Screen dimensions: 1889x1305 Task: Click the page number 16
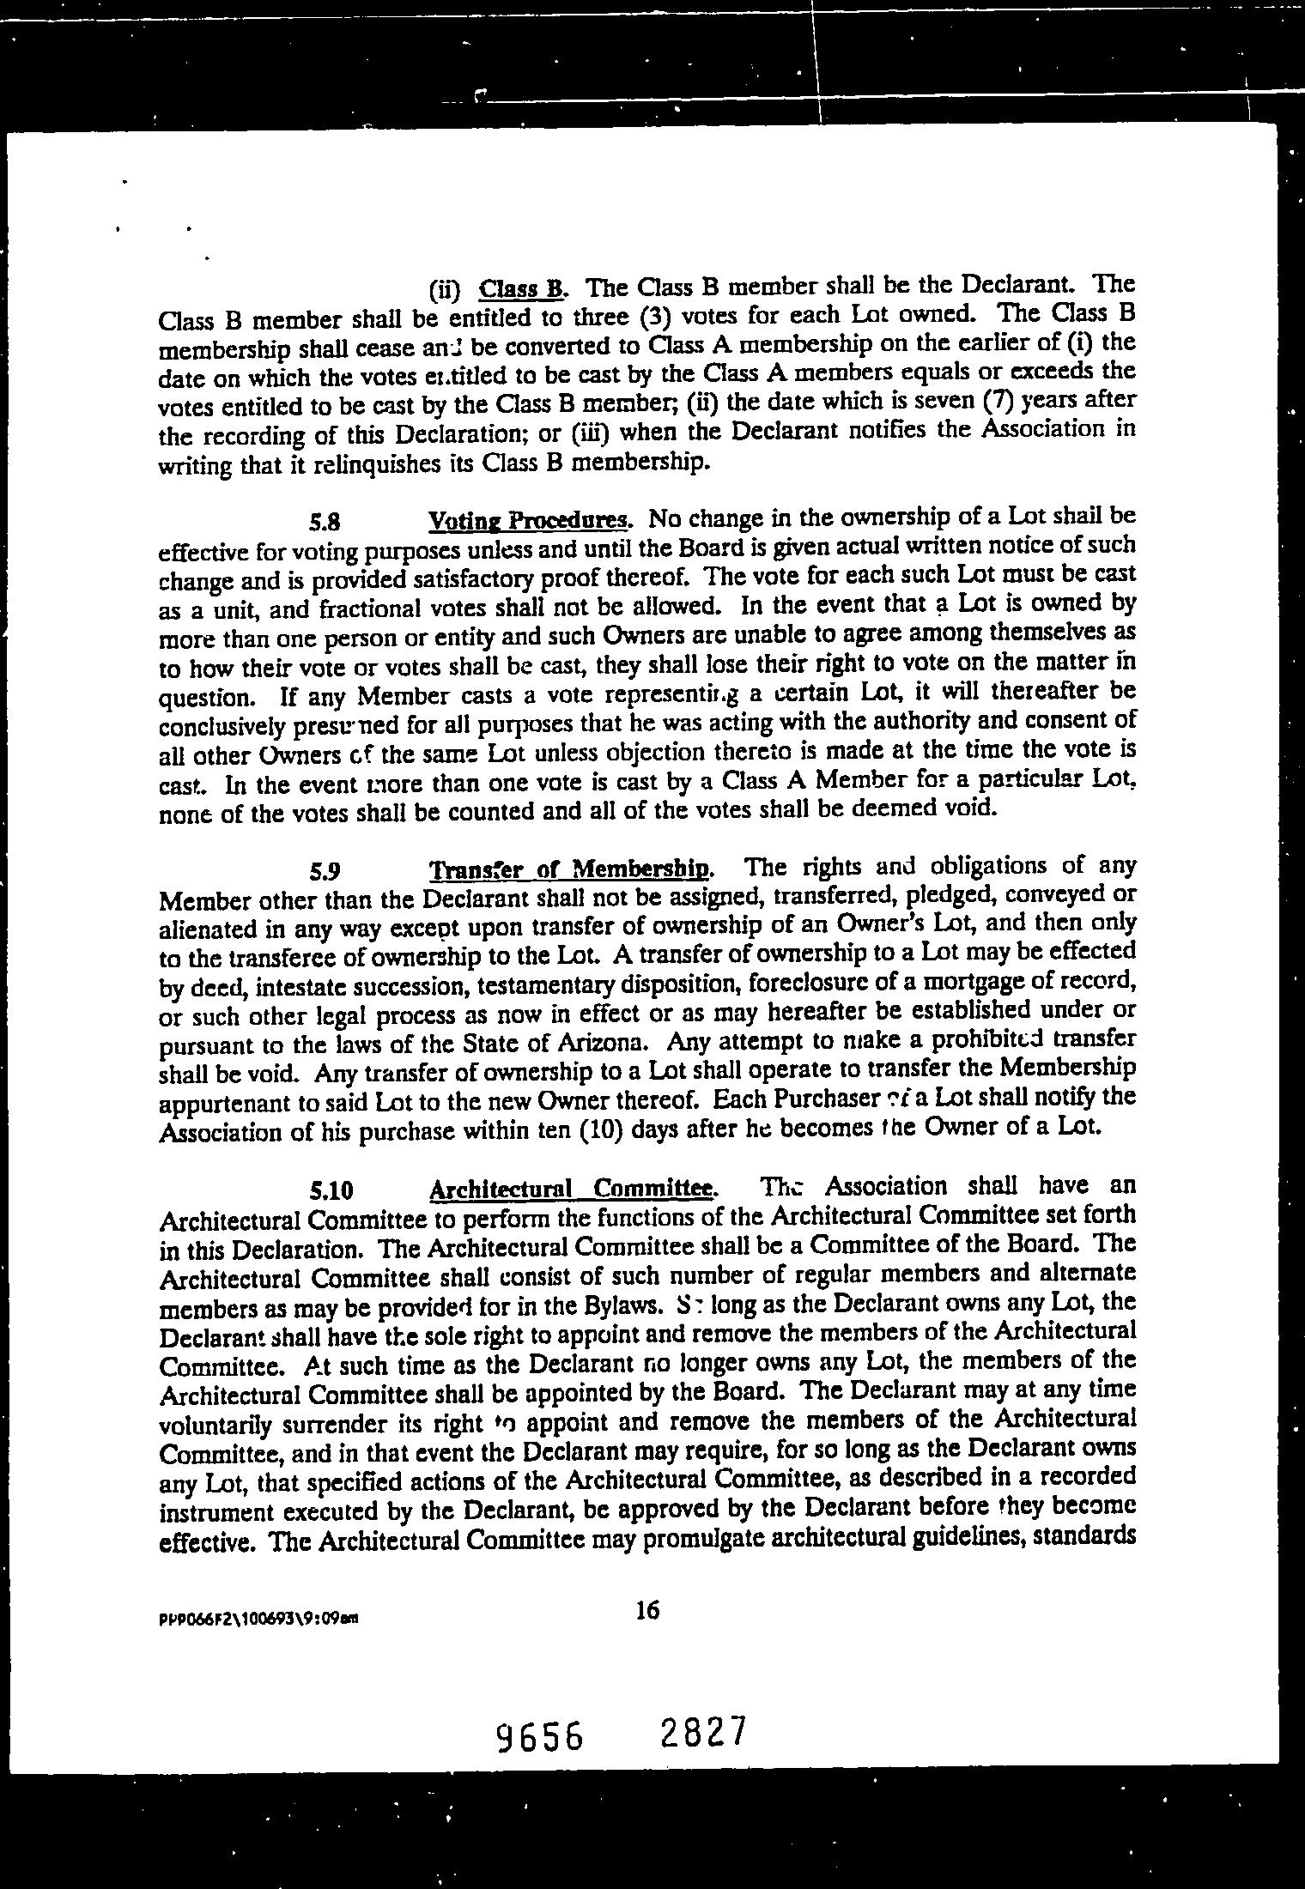[x=647, y=1611]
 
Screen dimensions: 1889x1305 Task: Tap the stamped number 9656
[x=541, y=1736]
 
